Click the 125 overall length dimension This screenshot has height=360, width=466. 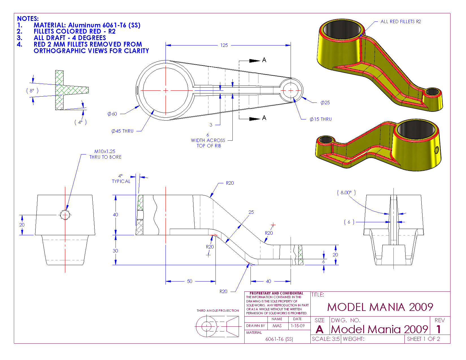pyautogui.click(x=224, y=45)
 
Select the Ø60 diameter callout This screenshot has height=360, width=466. pyautogui.click(x=112, y=114)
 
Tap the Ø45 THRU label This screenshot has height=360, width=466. pyautogui.click(x=122, y=131)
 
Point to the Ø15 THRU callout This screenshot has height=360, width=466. pyautogui.click(x=321, y=119)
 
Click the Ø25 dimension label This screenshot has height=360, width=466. pyautogui.click(x=325, y=102)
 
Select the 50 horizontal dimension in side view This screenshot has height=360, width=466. pyautogui.click(x=190, y=281)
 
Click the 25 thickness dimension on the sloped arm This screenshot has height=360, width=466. pyautogui.click(x=251, y=212)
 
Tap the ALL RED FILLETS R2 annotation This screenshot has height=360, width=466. pyautogui.click(x=400, y=21)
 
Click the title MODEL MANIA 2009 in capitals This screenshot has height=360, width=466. pyautogui.click(x=380, y=307)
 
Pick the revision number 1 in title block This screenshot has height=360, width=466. pyautogui.click(x=438, y=329)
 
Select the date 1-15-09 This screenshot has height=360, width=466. pyautogui.click(x=298, y=326)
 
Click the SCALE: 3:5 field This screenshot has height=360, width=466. pyautogui.click(x=326, y=339)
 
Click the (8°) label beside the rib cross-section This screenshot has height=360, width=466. pyautogui.click(x=32, y=91)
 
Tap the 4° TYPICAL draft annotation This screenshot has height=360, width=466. pyautogui.click(x=121, y=179)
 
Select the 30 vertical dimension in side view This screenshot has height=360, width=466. pyautogui.click(x=115, y=251)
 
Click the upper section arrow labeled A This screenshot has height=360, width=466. pyautogui.click(x=264, y=60)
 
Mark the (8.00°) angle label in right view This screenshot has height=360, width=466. pyautogui.click(x=346, y=193)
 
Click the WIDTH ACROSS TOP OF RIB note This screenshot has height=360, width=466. pyautogui.click(x=208, y=143)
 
